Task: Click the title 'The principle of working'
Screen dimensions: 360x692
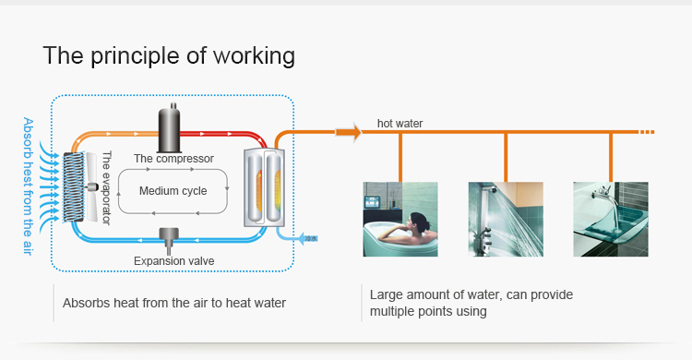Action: click(169, 55)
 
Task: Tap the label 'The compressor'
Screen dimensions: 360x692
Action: click(173, 159)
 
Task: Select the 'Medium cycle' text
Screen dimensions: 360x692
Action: click(173, 192)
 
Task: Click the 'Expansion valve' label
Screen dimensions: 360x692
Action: click(173, 261)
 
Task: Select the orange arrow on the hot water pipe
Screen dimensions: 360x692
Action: click(348, 134)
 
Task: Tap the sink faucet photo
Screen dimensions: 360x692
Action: click(610, 220)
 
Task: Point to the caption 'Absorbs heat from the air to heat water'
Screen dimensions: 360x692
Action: click(174, 303)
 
